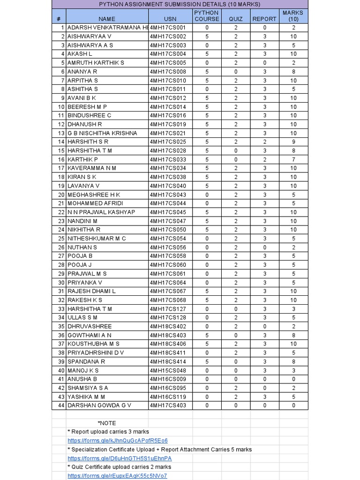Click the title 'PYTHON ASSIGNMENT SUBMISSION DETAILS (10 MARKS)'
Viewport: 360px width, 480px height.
coord(180,4)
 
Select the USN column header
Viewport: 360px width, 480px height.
coord(170,19)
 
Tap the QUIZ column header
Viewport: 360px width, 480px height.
coord(236,19)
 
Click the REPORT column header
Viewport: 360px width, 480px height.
coord(264,19)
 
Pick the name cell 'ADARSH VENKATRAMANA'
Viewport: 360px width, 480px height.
coord(107,28)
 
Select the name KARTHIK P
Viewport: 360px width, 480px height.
coord(82,159)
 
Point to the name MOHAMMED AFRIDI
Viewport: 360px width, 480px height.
coord(95,203)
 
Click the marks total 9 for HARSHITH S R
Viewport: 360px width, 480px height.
coord(293,142)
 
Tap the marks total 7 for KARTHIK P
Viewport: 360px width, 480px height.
coord(293,159)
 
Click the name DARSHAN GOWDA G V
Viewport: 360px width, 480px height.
coord(99,405)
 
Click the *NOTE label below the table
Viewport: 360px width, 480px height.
coord(107,423)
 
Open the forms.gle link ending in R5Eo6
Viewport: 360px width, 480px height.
coord(118,441)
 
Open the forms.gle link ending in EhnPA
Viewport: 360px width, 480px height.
coord(120,458)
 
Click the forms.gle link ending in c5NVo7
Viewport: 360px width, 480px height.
coord(117,476)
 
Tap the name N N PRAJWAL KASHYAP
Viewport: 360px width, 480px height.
coord(101,212)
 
